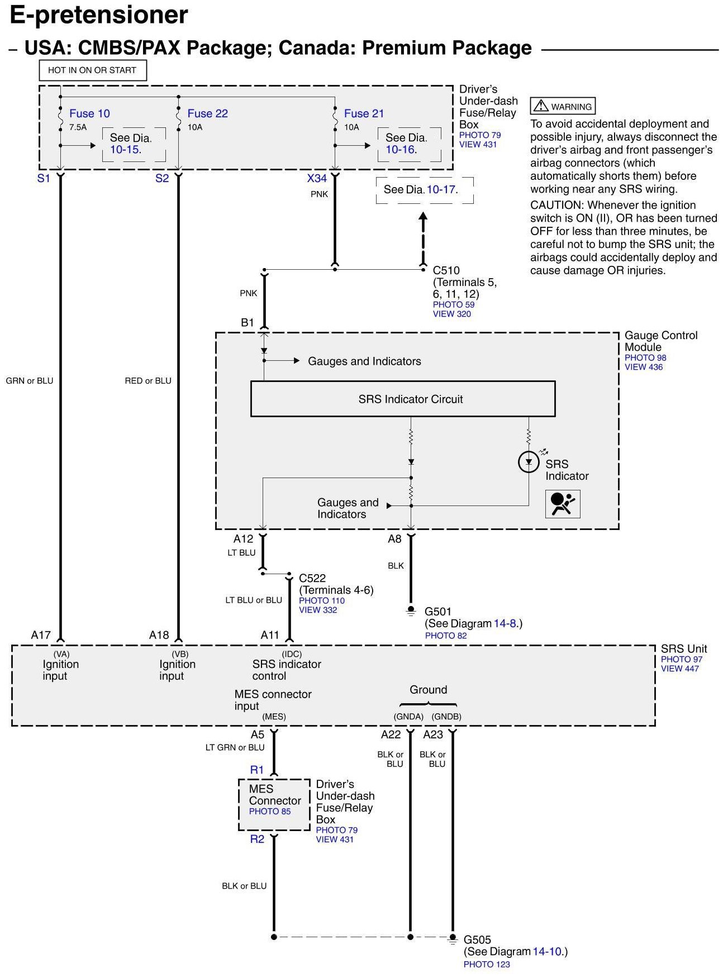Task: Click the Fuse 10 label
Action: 89,113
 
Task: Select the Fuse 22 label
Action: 207,113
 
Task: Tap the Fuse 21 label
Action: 364,113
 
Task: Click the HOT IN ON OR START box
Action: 92,70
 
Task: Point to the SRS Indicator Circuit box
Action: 402,399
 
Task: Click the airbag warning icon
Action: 562,504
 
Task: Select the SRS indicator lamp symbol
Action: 529,462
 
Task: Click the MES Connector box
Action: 274,804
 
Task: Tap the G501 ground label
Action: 438,612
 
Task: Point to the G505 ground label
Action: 477,939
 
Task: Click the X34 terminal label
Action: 317,178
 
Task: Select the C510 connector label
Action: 446,270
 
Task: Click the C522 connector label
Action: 312,578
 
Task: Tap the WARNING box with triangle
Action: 563,106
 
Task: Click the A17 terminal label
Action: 41,635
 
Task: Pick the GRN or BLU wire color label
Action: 30,381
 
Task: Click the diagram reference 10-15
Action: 125,150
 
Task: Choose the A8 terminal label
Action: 394,539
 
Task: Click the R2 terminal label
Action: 257,839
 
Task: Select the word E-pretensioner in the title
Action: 99,15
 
